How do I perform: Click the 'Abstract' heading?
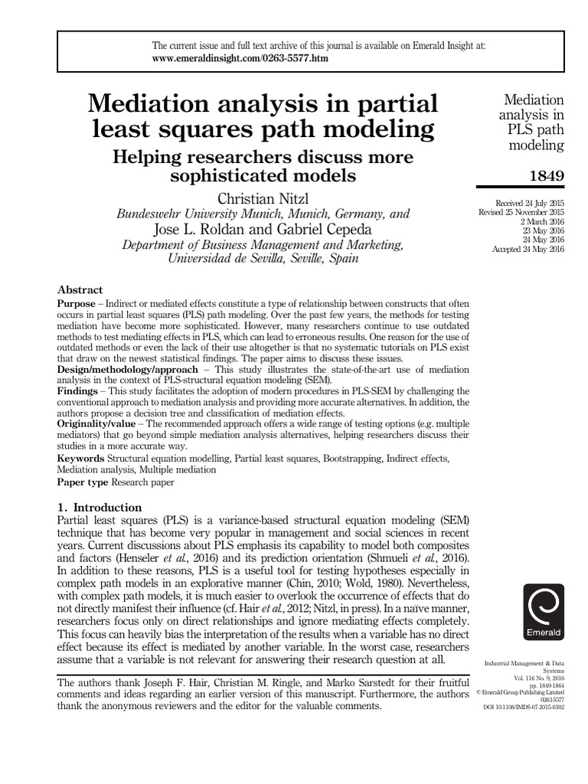[80, 290]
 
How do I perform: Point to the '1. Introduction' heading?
[100, 507]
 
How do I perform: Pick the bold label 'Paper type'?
[83, 482]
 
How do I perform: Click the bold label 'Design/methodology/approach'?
[126, 368]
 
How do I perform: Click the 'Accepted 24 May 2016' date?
[528, 250]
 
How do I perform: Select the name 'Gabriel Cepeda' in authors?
[325, 229]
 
